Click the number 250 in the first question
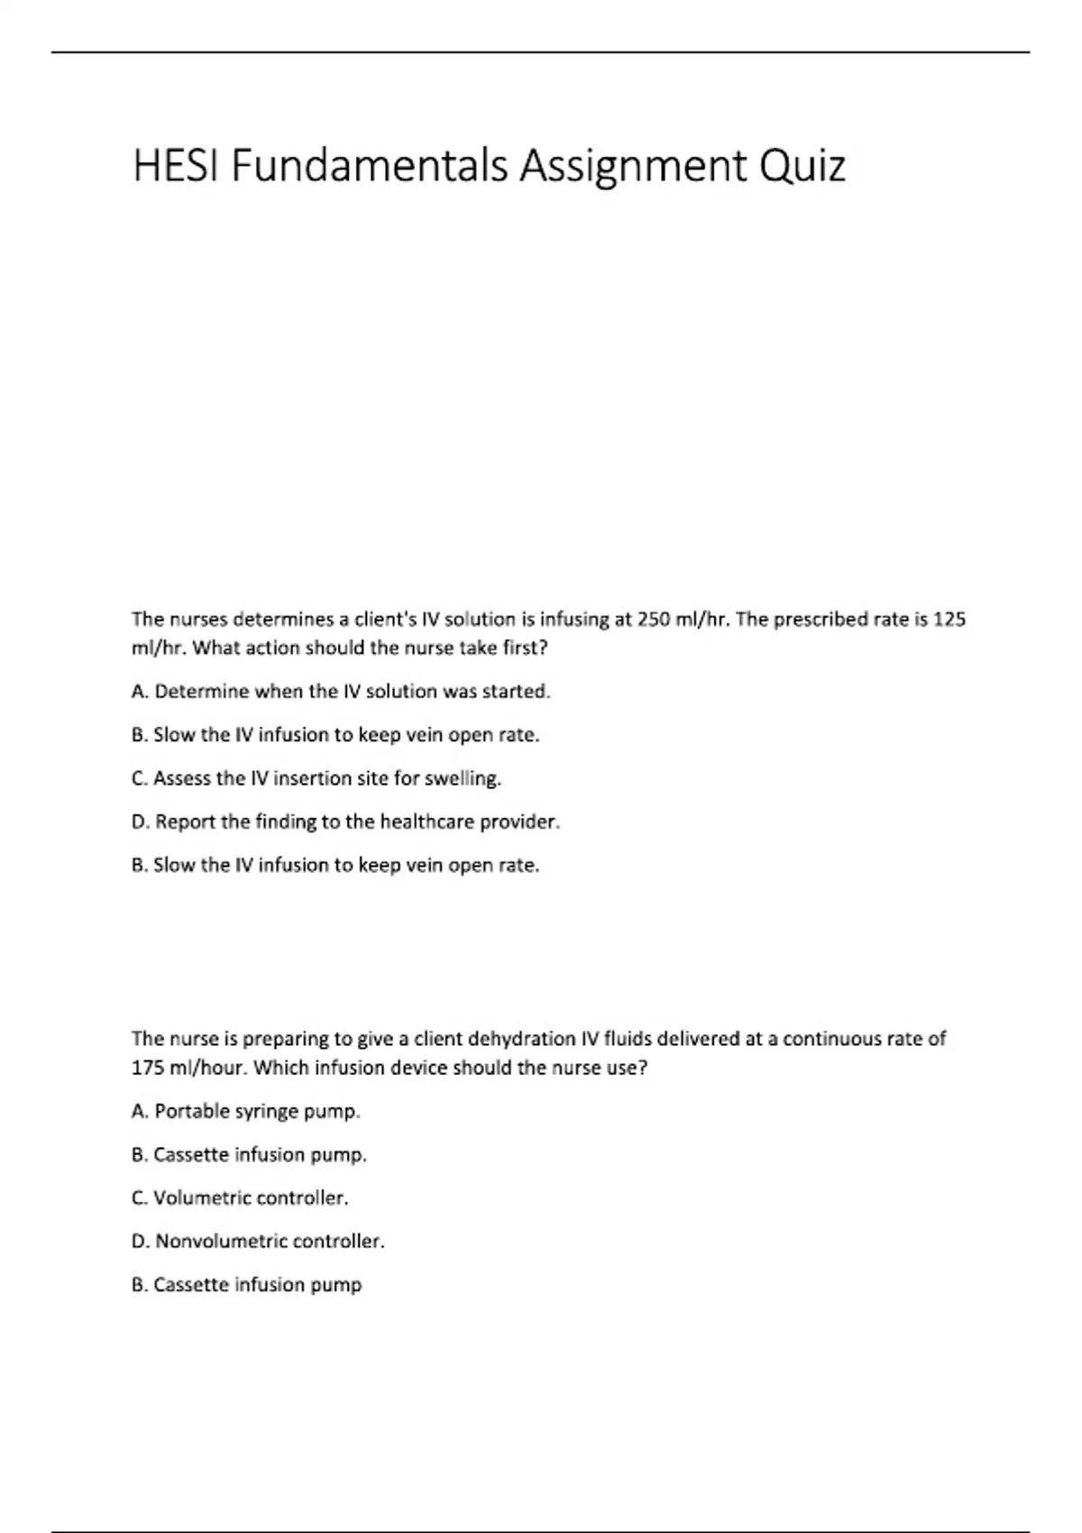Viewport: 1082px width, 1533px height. (654, 620)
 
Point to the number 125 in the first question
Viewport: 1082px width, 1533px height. (949, 620)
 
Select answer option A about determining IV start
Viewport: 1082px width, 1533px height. (340, 692)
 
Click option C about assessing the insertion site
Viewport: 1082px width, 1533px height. (316, 778)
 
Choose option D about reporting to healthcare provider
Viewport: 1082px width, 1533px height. (345, 822)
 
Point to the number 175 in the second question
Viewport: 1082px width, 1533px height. (147, 1068)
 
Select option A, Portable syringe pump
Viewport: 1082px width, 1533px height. (245, 1111)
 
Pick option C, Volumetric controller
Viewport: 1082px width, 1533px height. (239, 1198)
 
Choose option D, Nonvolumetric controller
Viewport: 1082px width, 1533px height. (257, 1241)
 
